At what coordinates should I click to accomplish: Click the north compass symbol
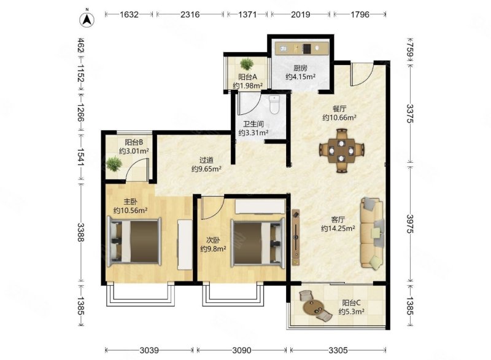(87, 19)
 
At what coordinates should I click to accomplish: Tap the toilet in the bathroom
(274, 105)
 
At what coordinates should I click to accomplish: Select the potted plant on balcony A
(247, 64)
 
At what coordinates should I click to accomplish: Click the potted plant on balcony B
(114, 164)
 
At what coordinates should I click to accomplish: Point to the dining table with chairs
(342, 151)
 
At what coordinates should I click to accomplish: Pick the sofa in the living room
(372, 233)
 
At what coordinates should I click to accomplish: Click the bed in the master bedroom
(134, 241)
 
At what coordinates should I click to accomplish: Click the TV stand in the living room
(296, 237)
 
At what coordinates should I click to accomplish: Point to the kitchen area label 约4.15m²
(300, 76)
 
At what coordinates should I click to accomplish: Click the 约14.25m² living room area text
(338, 229)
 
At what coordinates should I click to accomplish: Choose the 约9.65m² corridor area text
(206, 169)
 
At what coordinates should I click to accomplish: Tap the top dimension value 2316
(190, 14)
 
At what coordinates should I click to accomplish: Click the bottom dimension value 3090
(242, 350)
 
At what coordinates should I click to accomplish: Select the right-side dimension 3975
(410, 224)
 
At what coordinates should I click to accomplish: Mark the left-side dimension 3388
(81, 232)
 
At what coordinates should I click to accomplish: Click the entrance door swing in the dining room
(361, 74)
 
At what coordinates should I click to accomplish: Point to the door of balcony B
(136, 170)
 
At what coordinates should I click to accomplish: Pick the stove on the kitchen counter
(306, 49)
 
